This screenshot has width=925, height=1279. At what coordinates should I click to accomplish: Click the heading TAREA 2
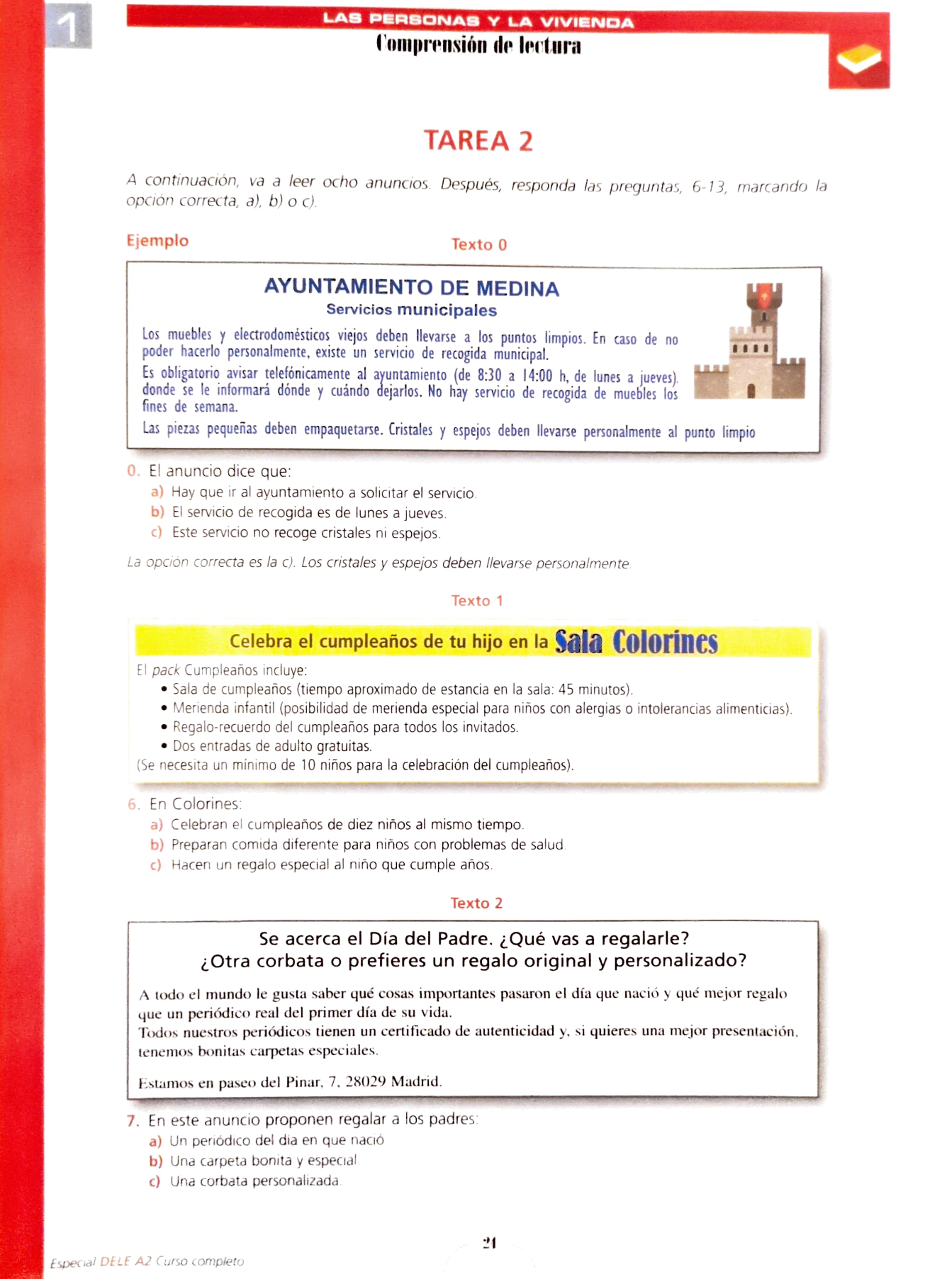tap(478, 140)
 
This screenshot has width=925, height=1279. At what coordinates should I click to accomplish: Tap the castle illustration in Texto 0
tap(751, 341)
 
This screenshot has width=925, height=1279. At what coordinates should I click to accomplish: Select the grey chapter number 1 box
tap(68, 26)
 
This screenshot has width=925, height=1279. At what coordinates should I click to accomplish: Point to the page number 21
tap(489, 1242)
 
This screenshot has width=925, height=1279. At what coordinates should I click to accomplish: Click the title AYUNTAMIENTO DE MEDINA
tap(411, 288)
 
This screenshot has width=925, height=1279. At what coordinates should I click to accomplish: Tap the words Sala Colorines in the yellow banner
tap(636, 642)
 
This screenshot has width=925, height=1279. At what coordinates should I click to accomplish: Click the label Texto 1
tap(477, 600)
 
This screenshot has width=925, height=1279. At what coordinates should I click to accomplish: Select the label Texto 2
tap(476, 903)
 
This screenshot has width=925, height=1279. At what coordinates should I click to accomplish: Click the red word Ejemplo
tap(157, 240)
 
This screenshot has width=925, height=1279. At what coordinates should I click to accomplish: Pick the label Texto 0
tap(479, 244)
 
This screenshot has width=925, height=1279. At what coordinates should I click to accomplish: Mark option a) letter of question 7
tap(155, 1141)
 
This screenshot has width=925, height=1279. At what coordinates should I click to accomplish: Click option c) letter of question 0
tap(157, 532)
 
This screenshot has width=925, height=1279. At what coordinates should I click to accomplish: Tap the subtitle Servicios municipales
tap(411, 310)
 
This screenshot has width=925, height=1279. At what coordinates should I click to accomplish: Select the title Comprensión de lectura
tap(478, 45)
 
